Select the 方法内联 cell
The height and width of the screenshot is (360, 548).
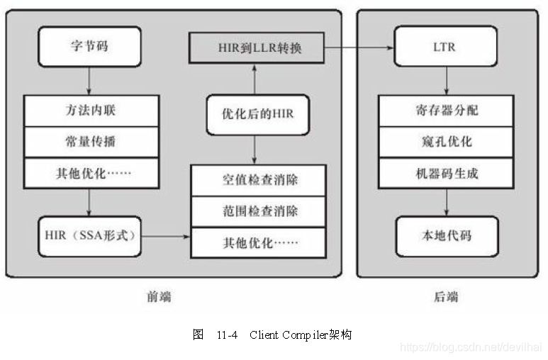[x=91, y=111]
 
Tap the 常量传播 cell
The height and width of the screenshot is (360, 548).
[x=91, y=142]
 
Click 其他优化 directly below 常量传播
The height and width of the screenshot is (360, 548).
[x=91, y=173]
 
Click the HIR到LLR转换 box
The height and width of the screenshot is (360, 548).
[x=257, y=48]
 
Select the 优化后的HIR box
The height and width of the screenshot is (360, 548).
[x=257, y=113]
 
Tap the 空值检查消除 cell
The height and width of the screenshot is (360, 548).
[x=259, y=180]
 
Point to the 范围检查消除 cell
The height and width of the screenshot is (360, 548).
[x=259, y=211]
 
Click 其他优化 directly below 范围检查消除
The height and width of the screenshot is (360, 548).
[x=259, y=242]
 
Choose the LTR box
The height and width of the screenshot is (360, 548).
[x=446, y=48]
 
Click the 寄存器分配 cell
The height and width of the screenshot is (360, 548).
[x=446, y=111]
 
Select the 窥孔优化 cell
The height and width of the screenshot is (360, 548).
[x=446, y=142]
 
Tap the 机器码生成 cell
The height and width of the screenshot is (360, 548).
[x=446, y=173]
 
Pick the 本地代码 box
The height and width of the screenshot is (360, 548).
[x=446, y=234]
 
